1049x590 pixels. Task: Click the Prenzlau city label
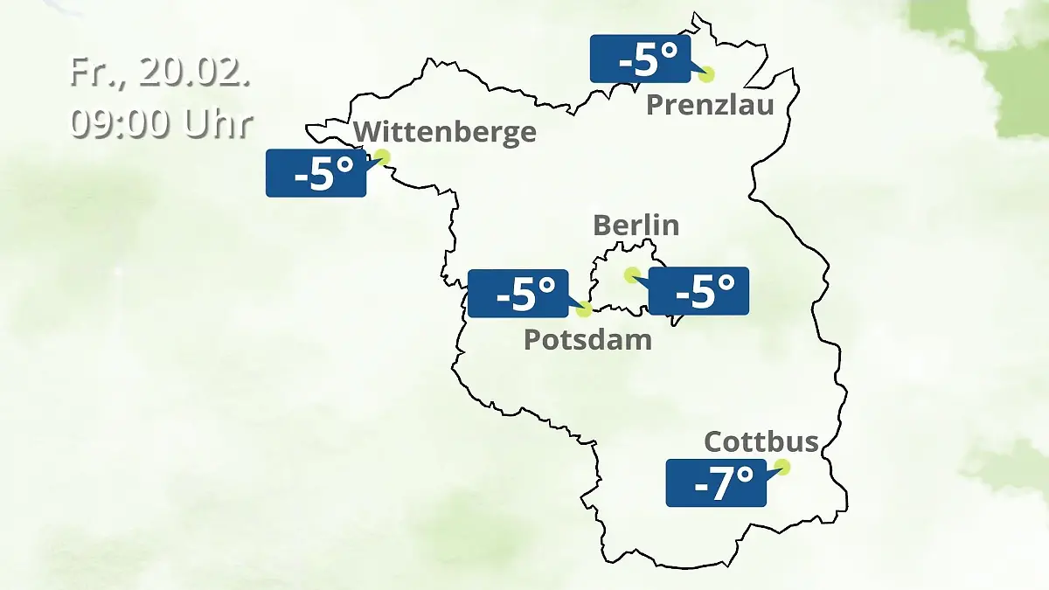pos(710,106)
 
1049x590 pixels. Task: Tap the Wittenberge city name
pos(445,133)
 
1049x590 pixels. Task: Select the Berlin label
pos(636,225)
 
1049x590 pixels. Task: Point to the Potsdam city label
pos(587,339)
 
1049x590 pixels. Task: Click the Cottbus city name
pos(761,441)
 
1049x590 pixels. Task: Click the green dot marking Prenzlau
pos(705,74)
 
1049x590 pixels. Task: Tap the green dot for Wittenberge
pos(381,157)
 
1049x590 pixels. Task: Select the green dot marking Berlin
pos(631,274)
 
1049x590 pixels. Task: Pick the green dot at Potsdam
pos(584,309)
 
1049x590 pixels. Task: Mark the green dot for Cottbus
pos(782,467)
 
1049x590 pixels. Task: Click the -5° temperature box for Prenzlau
pos(640,59)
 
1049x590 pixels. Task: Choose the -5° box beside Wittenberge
pos(316,173)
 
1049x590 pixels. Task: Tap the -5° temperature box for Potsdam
pos(518,294)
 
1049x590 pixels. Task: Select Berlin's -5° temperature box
pos(698,291)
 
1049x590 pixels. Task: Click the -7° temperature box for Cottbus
pos(716,482)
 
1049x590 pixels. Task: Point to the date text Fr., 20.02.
pos(161,72)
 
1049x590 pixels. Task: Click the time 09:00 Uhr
pos(161,123)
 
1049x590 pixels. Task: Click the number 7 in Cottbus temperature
pos(722,483)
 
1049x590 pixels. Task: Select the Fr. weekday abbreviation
pos(90,72)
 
